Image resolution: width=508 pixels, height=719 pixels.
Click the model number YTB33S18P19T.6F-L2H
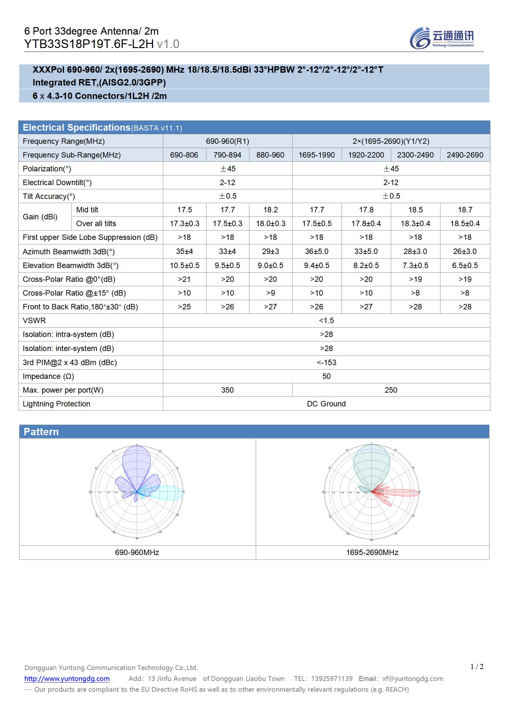(x=89, y=44)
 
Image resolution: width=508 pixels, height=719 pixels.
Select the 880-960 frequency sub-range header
(x=270, y=155)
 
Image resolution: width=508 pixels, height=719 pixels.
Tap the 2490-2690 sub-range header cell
(x=465, y=155)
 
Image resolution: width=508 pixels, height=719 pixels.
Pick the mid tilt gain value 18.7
(x=465, y=210)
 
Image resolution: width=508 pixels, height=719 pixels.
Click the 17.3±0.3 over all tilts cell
(x=184, y=224)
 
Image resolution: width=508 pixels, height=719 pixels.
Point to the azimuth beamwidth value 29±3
(x=270, y=251)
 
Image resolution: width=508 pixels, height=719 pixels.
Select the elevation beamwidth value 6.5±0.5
(x=465, y=266)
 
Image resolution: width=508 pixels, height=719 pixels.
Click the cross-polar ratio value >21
(x=184, y=279)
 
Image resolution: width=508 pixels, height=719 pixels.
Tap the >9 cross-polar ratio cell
(x=270, y=293)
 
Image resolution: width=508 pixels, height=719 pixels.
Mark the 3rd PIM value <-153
(x=326, y=363)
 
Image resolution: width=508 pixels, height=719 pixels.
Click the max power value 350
(x=227, y=390)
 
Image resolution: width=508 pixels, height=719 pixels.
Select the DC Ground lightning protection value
(x=326, y=404)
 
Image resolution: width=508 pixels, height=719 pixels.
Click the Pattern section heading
(x=41, y=432)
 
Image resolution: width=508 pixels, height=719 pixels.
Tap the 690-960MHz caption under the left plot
(x=137, y=552)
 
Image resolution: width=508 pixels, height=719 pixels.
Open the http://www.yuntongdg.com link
(x=67, y=678)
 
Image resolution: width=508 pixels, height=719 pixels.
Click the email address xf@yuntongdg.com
(x=413, y=678)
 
